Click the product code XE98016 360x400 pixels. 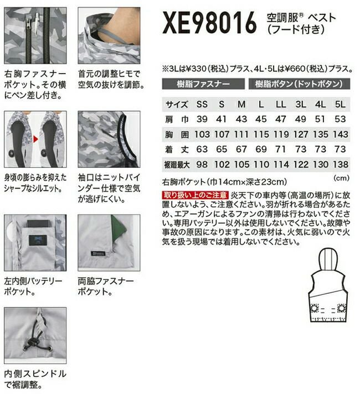(209, 23)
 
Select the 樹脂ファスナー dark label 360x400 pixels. (203, 84)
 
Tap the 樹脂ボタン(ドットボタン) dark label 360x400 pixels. (299, 84)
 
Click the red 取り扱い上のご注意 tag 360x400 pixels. (196, 195)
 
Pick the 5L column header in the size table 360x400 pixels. (340, 105)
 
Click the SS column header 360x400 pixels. (202, 105)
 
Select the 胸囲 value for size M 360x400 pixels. (241, 134)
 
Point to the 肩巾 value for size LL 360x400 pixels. (281, 119)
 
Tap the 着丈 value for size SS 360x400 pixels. (202, 149)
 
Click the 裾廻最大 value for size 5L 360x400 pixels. (341, 164)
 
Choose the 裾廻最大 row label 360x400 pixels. (177, 165)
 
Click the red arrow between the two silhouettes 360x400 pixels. (35, 139)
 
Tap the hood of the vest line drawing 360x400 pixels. (328, 259)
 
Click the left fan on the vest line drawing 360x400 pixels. (314, 309)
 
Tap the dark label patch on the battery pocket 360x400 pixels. (38, 241)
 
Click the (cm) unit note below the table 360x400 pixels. (341, 178)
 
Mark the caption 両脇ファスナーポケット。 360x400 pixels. (106, 287)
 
